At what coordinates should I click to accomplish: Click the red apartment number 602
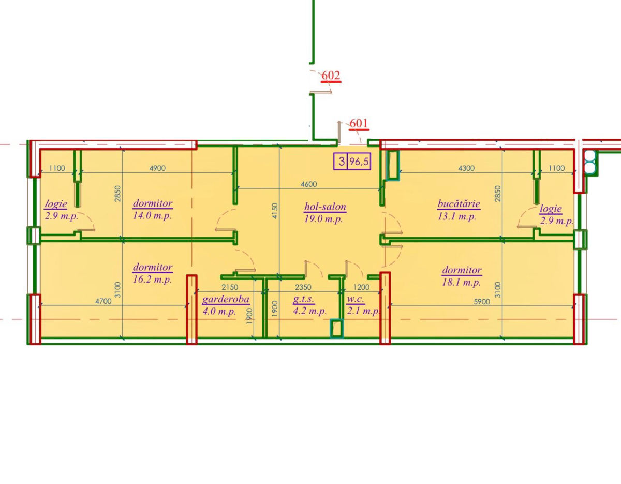coord(331,76)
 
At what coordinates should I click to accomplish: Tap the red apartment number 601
coord(359,123)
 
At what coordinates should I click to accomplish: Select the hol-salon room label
coord(325,207)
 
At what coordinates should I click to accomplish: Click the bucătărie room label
coord(459,203)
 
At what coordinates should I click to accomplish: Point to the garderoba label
coord(226,299)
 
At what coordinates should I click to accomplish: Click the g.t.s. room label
coord(304,299)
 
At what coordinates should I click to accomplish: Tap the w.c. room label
coord(356,299)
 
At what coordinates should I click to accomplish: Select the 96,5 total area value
coord(359,162)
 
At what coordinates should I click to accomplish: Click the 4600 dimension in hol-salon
coord(308,184)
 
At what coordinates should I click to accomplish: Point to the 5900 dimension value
coord(482,302)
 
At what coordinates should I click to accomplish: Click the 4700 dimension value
coord(103,301)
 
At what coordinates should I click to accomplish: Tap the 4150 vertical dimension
coord(275,211)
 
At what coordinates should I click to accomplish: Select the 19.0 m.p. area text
coord(323,219)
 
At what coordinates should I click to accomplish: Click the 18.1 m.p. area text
coord(462,283)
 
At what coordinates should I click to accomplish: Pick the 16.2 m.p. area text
coord(152,279)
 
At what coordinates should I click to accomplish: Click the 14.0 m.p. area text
coord(152,215)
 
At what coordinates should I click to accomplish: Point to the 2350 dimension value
coord(303,287)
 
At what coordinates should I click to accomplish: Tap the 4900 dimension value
coord(157,168)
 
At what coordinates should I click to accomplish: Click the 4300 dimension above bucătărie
coord(466,168)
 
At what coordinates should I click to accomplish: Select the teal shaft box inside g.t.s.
coord(337,328)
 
